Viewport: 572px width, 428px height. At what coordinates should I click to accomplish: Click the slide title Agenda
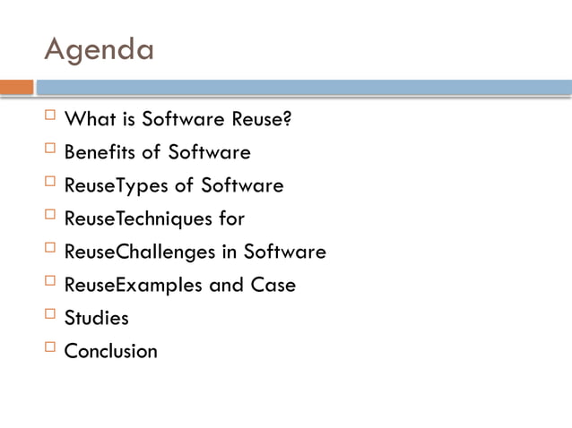[99, 49]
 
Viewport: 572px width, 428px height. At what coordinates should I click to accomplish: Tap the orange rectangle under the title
[16, 88]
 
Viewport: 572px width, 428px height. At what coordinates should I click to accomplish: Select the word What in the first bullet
[86, 119]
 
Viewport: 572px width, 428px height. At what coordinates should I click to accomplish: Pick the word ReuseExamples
[134, 285]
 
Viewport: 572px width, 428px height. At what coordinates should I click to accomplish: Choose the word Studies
[96, 318]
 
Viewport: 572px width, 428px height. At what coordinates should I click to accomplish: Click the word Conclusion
[110, 351]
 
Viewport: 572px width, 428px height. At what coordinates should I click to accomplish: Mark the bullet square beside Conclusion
[50, 349]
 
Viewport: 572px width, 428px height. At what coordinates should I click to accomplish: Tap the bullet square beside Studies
[50, 316]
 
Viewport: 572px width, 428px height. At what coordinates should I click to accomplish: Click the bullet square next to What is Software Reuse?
[50, 117]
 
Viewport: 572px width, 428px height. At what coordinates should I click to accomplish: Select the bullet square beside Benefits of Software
[50, 150]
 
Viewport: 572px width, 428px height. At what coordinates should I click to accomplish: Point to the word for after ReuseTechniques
[230, 218]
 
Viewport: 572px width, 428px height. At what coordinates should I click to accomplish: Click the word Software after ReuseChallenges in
[286, 252]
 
